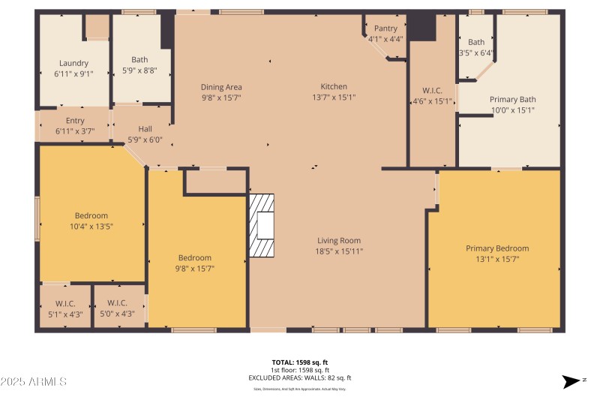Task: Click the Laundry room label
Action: tap(73, 64)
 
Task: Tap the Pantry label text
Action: tap(385, 29)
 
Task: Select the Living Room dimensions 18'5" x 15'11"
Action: tap(339, 251)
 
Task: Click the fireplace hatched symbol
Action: tap(262, 226)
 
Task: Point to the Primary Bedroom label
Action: tap(496, 248)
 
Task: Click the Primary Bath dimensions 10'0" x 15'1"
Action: tap(513, 110)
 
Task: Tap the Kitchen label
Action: tap(334, 87)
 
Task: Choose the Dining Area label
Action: tap(221, 87)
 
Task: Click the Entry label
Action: tap(75, 121)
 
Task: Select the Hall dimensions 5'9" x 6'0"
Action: tap(145, 140)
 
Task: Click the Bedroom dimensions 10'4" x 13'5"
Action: tap(91, 226)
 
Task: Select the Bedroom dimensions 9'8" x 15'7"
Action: tap(194, 268)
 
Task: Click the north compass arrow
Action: tap(572, 382)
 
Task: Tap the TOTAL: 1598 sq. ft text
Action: tap(300, 362)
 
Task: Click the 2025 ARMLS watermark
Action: tap(34, 382)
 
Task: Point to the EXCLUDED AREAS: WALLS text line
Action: tap(300, 378)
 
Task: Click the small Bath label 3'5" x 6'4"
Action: tap(476, 47)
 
